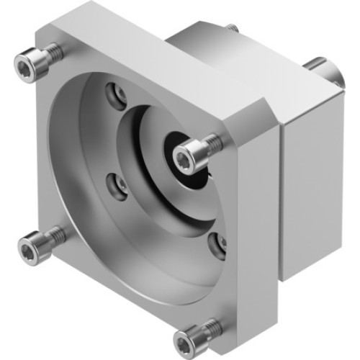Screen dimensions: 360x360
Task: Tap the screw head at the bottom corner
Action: click(x=195, y=336)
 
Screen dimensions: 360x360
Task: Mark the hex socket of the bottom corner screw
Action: click(x=194, y=336)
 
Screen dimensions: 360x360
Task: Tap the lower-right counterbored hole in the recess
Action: click(x=215, y=246)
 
